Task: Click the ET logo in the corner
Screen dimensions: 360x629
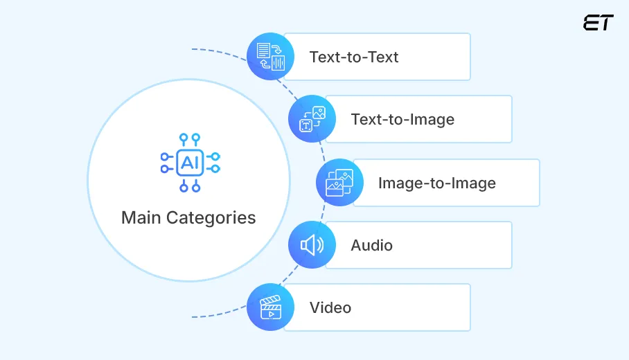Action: pyautogui.click(x=598, y=23)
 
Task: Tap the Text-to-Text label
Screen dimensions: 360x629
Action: pyautogui.click(x=354, y=57)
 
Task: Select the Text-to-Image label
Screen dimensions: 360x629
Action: pyautogui.click(x=402, y=119)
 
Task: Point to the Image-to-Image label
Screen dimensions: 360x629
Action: pyautogui.click(x=436, y=183)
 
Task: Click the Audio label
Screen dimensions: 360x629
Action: pyautogui.click(x=371, y=245)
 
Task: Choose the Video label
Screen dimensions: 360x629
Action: pyautogui.click(x=330, y=307)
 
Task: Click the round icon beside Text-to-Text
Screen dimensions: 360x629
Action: pyautogui.click(x=271, y=57)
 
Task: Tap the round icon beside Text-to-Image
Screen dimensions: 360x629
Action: pyautogui.click(x=312, y=119)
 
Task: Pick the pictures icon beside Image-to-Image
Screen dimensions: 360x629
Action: pyautogui.click(x=339, y=183)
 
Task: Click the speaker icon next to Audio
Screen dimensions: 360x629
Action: pyautogui.click(x=312, y=245)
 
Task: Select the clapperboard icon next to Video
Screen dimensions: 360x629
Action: pyautogui.click(x=271, y=307)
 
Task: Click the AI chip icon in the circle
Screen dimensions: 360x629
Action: pyautogui.click(x=189, y=163)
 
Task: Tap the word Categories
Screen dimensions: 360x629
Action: pyautogui.click(x=211, y=217)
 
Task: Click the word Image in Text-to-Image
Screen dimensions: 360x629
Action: pyautogui.click(x=429, y=119)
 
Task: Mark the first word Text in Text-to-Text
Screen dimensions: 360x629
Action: pyautogui.click(x=324, y=57)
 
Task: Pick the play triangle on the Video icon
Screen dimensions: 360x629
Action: pyautogui.click(x=272, y=312)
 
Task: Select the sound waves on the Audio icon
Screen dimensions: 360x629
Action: pyautogui.click(x=319, y=245)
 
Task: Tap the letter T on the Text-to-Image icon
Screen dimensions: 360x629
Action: pyautogui.click(x=305, y=125)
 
